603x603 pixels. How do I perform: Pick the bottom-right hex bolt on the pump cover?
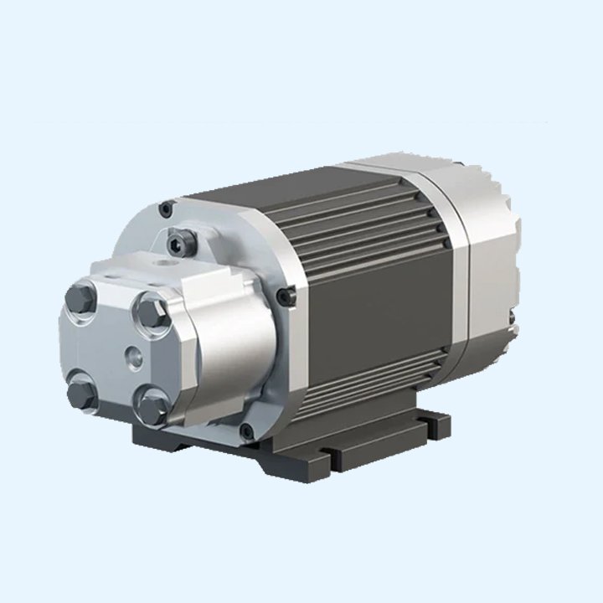(x=153, y=408)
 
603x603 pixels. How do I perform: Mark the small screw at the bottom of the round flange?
(x=245, y=431)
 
